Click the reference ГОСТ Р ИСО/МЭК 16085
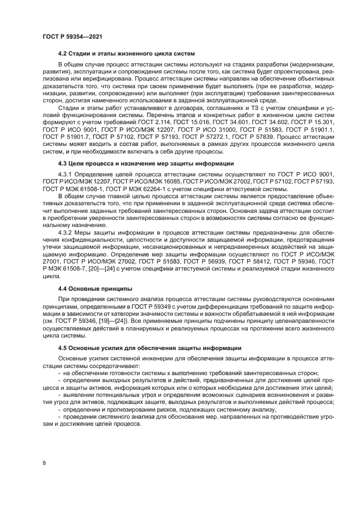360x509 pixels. [147, 181]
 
